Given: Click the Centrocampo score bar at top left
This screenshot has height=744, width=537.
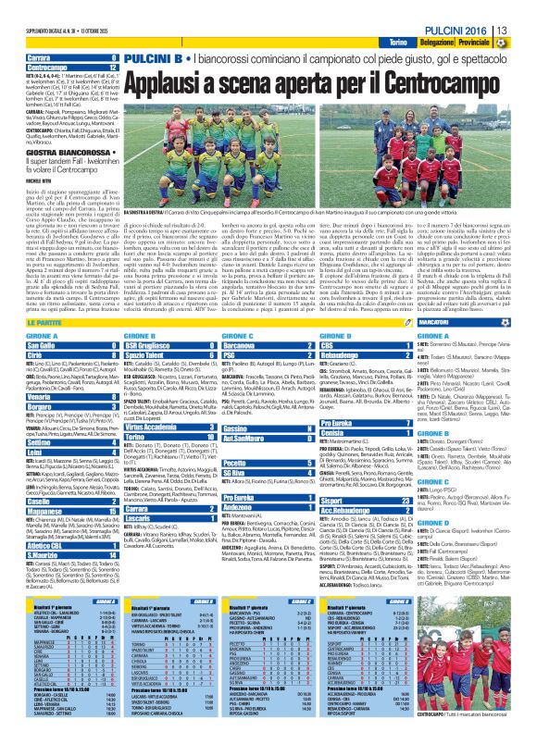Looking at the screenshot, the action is click(x=55, y=68).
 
